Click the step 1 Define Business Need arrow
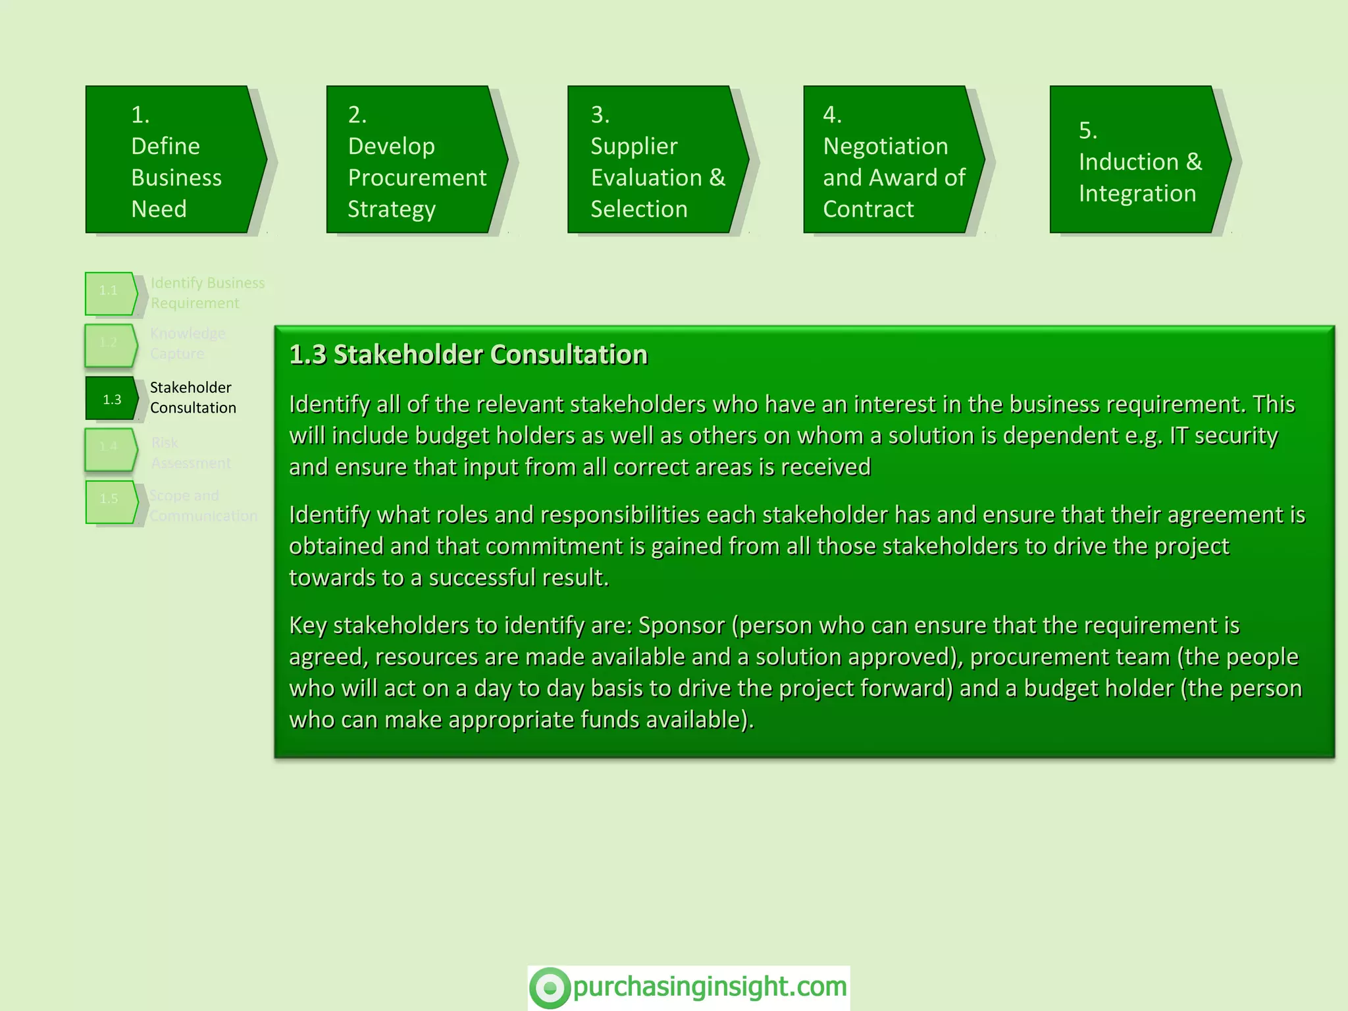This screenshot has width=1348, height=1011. (x=174, y=160)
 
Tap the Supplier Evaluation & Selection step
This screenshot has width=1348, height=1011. (x=657, y=160)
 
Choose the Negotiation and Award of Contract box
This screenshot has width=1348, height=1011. (x=893, y=160)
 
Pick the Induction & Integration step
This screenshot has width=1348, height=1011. (x=1139, y=160)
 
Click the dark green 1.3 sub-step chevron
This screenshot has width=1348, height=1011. (x=111, y=399)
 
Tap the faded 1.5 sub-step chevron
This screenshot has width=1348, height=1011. (x=111, y=502)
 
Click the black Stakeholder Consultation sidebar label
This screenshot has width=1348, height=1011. (x=192, y=398)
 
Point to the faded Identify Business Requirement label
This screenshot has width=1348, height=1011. (x=207, y=293)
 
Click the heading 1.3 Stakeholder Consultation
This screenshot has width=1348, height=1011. (x=468, y=355)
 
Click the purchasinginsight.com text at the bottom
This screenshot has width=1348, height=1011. (x=710, y=987)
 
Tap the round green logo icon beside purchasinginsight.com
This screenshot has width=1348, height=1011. (x=550, y=987)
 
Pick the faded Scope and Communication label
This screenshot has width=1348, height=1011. (x=203, y=505)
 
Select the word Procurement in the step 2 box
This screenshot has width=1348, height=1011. (x=417, y=178)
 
